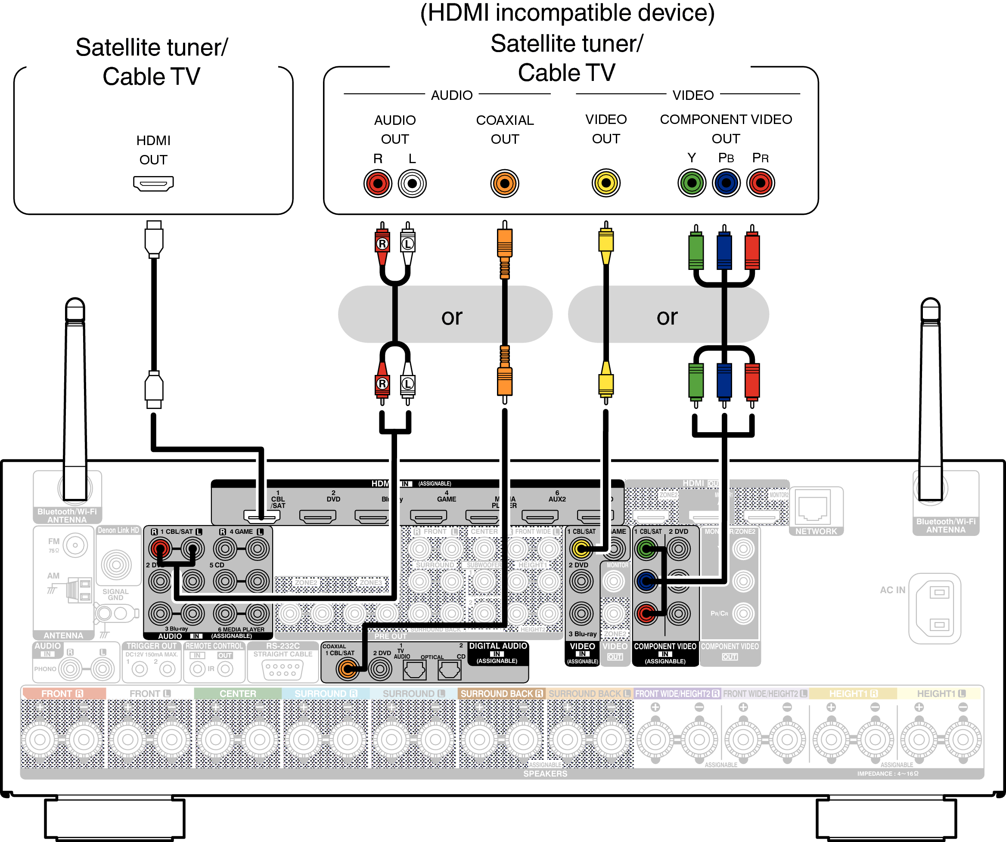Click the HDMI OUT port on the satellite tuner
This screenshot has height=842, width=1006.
[153, 183]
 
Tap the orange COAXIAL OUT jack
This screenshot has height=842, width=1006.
[504, 183]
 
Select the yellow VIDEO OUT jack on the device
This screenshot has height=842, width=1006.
[606, 183]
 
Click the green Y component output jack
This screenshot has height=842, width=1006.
[692, 183]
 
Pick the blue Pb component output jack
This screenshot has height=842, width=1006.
[726, 183]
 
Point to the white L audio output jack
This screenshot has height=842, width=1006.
[412, 183]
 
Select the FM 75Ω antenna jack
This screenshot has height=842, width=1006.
[75, 545]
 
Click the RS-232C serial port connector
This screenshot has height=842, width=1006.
[283, 669]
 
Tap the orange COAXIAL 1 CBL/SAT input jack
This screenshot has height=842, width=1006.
[347, 669]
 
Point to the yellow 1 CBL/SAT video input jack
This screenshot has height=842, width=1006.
[581, 549]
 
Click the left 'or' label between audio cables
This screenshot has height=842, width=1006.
[452, 316]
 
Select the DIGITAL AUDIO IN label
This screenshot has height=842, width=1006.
[498, 650]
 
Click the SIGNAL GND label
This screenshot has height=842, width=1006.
[115, 594]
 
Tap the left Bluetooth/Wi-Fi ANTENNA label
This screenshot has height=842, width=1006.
[67, 515]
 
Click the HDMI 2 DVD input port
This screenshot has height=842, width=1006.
[318, 516]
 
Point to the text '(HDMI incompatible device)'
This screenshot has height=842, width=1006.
[567, 13]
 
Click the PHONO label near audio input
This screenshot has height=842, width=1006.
[46, 669]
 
